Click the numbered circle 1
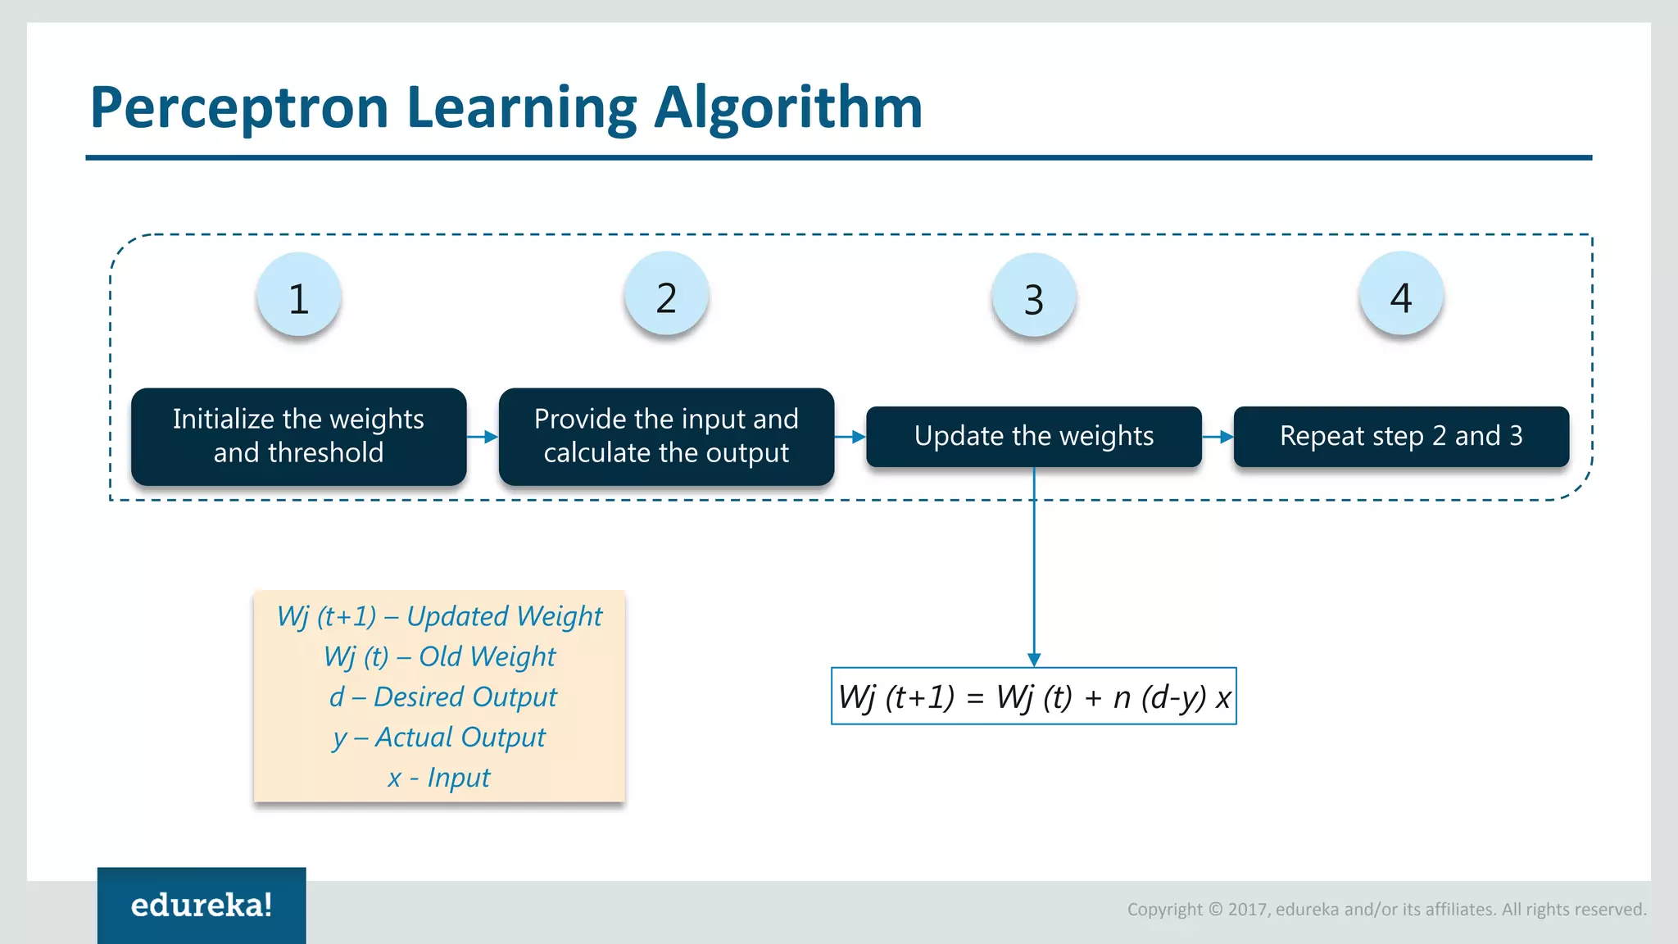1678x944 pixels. [x=299, y=295]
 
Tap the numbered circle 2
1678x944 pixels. [x=666, y=295]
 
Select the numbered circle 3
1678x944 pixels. [x=1034, y=297]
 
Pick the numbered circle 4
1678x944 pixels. [x=1401, y=295]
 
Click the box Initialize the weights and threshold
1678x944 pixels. [x=299, y=436]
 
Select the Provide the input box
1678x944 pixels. [x=666, y=436]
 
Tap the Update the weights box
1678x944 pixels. [x=1034, y=436]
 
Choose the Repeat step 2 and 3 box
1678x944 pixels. [x=1401, y=436]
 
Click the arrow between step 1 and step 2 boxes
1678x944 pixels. [x=483, y=437]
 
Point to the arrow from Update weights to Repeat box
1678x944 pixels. [x=1218, y=437]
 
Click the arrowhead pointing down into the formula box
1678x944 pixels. [x=1034, y=660]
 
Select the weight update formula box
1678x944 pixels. [x=1034, y=697]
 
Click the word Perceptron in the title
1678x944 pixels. [x=238, y=107]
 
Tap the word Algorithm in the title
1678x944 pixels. [x=788, y=107]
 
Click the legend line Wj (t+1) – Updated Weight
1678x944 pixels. [x=439, y=616]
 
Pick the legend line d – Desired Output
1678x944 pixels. [x=442, y=697]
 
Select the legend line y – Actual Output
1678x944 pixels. [x=439, y=737]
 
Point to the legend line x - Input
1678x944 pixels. [x=439, y=777]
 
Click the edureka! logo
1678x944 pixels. [x=202, y=905]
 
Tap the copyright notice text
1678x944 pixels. [x=1386, y=909]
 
